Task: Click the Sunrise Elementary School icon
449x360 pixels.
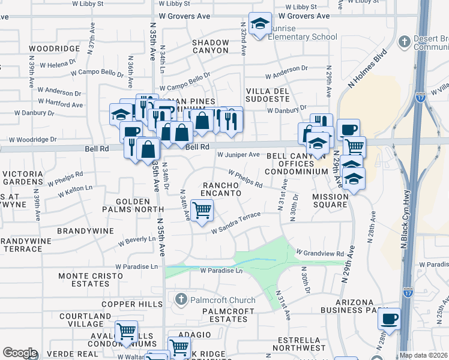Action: tap(259, 24)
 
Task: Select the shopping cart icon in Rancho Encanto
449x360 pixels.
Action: tap(203, 211)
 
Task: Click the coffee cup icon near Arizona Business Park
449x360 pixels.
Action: tap(389, 318)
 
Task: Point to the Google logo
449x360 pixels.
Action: tap(20, 353)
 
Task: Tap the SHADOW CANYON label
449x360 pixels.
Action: tap(210, 47)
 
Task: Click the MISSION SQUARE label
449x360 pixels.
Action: tap(330, 200)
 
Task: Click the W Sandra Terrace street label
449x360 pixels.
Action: tap(235, 223)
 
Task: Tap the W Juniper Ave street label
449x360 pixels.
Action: tap(238, 155)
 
